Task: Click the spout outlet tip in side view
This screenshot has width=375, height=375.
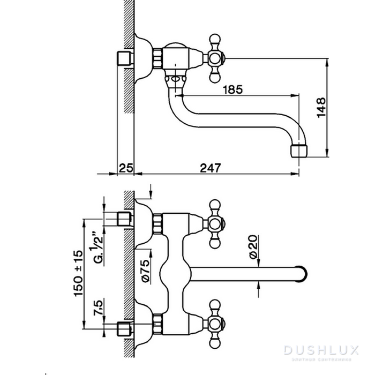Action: [300, 151]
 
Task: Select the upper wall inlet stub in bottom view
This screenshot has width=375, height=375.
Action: [124, 219]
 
